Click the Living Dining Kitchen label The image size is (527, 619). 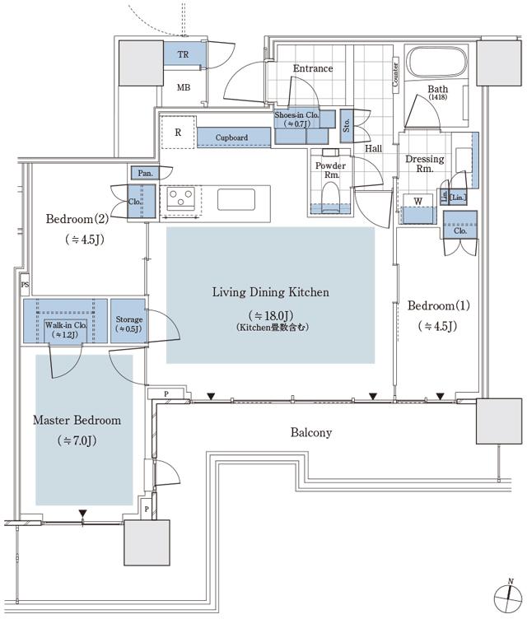[271, 292]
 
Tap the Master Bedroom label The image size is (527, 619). [77, 420]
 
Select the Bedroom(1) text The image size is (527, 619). [439, 305]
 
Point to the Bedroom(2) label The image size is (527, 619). [77, 219]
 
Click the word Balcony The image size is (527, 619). [311, 432]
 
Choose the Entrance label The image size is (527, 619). [313, 68]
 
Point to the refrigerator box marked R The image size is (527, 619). [178, 132]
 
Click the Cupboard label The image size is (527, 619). [231, 137]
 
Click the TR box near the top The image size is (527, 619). [182, 54]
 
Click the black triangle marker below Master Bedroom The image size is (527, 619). [82, 514]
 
